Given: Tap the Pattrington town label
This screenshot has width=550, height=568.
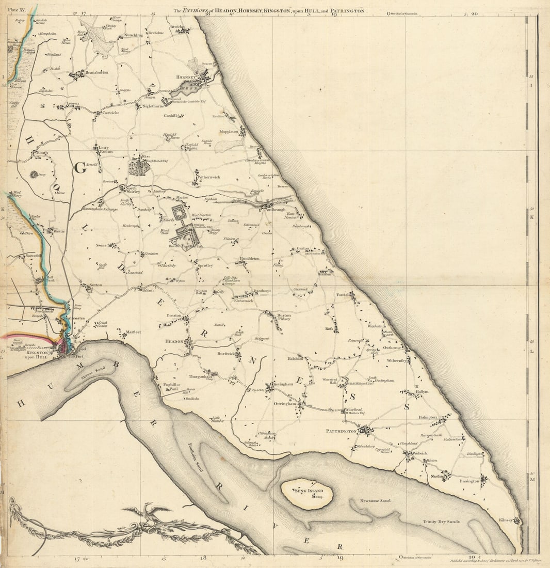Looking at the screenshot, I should pos(342,431).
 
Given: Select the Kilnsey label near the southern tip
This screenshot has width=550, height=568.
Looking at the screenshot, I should pos(506,520).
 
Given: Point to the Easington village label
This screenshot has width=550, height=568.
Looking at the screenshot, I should pos(470,481).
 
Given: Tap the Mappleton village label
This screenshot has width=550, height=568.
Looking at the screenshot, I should pos(230,132).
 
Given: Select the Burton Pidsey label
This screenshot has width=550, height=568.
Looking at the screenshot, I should pos(284,317).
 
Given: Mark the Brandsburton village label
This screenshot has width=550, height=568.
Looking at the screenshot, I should pos(97,73).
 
